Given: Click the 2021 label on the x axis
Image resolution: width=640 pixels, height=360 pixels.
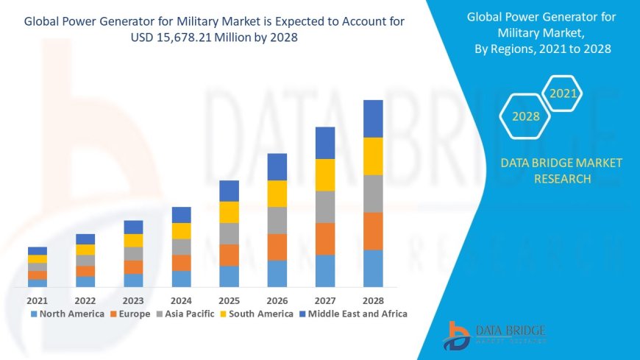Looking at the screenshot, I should click(37, 300).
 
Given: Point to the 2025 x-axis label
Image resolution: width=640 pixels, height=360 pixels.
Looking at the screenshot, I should click(229, 300).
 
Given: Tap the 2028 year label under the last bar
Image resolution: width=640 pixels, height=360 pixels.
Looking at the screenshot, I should click(373, 300).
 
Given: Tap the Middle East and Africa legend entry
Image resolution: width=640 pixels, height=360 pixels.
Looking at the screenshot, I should click(356, 314).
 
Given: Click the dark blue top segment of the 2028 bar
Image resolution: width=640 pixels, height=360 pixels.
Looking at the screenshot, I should click(373, 119).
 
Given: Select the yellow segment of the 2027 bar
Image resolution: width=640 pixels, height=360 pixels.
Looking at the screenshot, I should click(325, 174).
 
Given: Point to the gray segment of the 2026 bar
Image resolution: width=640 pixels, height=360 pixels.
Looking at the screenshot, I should click(277, 220).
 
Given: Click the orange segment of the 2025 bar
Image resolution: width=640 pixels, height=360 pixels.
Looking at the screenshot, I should click(229, 255).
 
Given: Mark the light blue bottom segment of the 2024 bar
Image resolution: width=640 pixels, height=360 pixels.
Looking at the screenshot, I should click(181, 278).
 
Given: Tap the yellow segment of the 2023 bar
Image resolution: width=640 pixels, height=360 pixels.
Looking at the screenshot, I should click(133, 240).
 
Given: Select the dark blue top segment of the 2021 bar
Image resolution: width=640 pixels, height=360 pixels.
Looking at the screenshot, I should click(37, 250).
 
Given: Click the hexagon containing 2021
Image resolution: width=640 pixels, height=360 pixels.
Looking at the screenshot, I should click(563, 93).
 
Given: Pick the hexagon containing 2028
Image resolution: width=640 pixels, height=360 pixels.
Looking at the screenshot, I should click(526, 116).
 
